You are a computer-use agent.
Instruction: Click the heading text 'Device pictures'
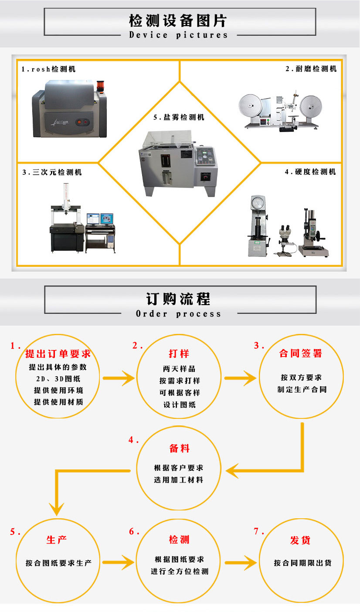point(178,35)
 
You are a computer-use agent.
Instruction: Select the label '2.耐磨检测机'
point(311,68)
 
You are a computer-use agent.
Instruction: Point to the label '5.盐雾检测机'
point(178,117)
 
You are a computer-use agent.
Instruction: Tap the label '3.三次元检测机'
point(52,172)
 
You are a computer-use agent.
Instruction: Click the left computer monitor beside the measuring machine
point(93,219)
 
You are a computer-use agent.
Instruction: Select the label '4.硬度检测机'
point(310,172)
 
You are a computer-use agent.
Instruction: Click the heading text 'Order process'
point(178,314)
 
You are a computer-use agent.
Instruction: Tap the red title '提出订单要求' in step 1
point(58,354)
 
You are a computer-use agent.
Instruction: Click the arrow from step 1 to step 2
point(119,378)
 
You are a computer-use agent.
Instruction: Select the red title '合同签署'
point(300,353)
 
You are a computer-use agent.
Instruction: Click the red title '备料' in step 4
point(179,449)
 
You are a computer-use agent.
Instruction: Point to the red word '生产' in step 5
point(57,540)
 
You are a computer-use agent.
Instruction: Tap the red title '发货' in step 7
point(300,540)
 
